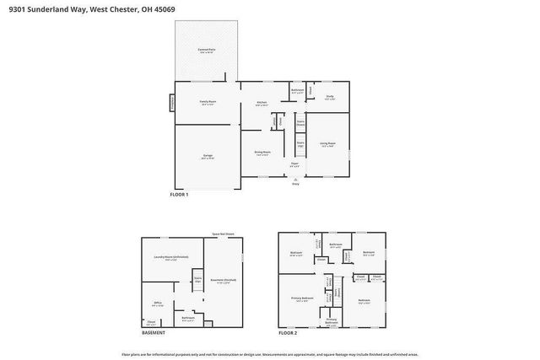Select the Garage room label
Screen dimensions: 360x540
tap(208, 156)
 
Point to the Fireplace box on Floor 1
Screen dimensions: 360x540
tap(173, 102)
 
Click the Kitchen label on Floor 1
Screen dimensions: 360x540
tap(262, 103)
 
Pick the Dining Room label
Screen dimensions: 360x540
tap(262, 153)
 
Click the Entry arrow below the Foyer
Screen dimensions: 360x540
tap(295, 180)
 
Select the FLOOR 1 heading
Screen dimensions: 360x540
tap(179, 195)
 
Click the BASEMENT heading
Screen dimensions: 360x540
tap(153, 333)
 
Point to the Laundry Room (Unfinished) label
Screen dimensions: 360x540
tap(176, 257)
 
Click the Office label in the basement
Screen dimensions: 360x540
tap(158, 303)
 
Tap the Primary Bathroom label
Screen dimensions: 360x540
tap(332, 320)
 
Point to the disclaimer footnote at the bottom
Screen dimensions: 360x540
tap(269, 354)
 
